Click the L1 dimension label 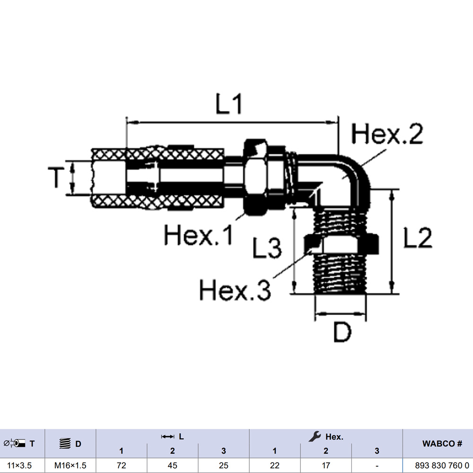pyautogui.click(x=229, y=104)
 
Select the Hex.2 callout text pyautogui.click(x=387, y=134)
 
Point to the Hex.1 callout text pyautogui.click(x=199, y=235)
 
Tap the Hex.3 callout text pyautogui.click(x=235, y=289)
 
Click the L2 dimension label pyautogui.click(x=418, y=237)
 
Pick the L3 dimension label pyautogui.click(x=267, y=248)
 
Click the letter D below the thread pyautogui.click(x=342, y=332)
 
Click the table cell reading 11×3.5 pyautogui.click(x=19, y=465)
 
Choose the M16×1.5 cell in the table pyautogui.click(x=70, y=465)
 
